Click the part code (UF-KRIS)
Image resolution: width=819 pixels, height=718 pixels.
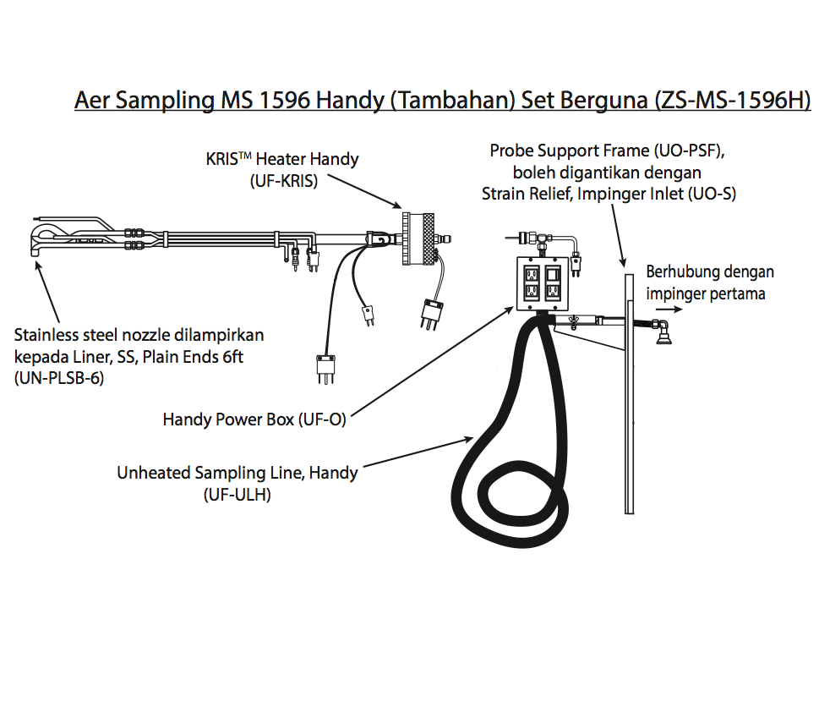(x=284, y=181)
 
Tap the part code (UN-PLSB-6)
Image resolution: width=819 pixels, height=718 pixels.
(x=59, y=378)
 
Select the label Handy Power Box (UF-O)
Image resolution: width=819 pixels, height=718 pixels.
(x=254, y=419)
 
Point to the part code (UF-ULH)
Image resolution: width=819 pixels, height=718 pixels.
(x=238, y=495)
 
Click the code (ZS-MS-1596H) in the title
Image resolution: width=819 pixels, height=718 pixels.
(x=733, y=100)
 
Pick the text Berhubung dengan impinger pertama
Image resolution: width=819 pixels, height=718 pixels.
(x=709, y=282)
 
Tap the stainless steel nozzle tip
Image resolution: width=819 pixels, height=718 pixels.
(x=35, y=253)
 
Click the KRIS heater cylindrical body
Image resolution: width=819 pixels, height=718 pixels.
(x=418, y=238)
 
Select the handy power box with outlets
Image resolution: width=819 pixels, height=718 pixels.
(x=542, y=284)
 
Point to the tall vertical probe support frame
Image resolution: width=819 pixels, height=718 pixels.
(x=630, y=393)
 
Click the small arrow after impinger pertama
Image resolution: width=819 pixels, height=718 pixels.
(x=669, y=310)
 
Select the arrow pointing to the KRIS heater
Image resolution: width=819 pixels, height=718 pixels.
(x=364, y=192)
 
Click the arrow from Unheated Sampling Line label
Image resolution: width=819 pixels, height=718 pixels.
(x=418, y=452)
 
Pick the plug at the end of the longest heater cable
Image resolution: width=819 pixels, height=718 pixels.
(x=325, y=369)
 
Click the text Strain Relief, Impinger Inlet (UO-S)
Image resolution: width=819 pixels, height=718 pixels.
(x=609, y=194)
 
